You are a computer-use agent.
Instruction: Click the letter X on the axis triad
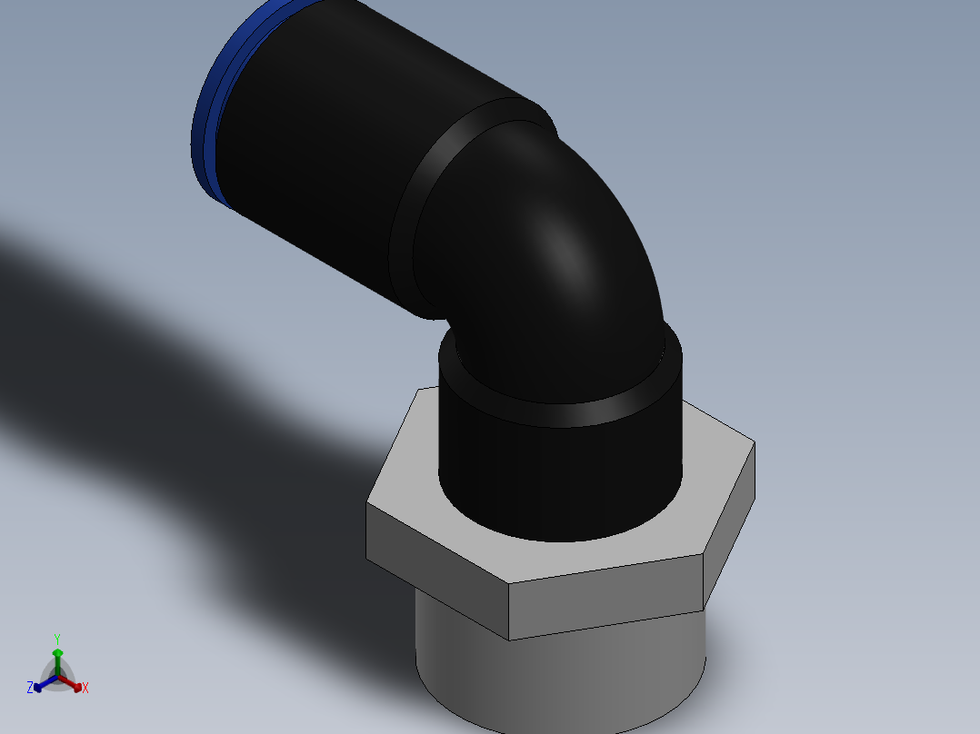point(85,689)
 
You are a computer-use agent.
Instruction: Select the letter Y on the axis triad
point(57,639)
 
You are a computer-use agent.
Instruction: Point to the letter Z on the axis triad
point(30,689)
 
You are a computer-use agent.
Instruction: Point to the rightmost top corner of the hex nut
point(754,443)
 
